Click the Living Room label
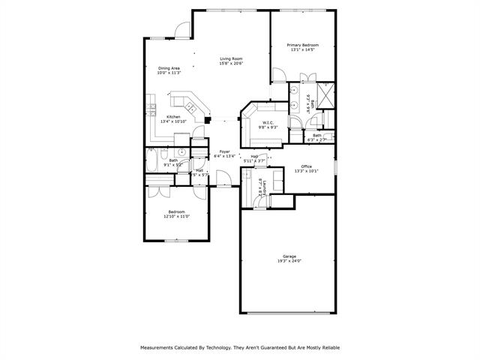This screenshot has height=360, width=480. [231, 59]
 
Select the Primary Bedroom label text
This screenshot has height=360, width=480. [302, 46]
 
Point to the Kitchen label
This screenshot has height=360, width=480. [173, 117]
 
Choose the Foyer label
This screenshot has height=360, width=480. [224, 152]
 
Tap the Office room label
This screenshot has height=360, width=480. [306, 166]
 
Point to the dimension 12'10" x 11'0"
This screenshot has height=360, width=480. [176, 216]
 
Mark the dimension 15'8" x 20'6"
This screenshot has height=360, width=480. [231, 64]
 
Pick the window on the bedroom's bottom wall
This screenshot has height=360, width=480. [176, 240]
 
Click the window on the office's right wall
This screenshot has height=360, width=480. [334, 166]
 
